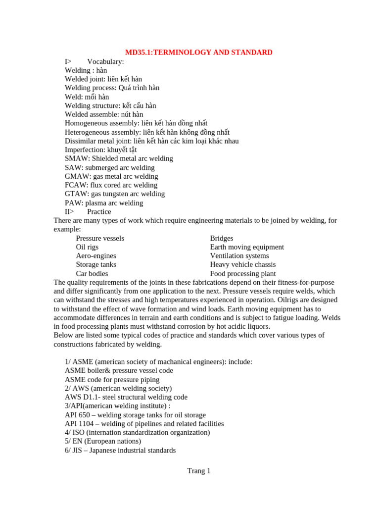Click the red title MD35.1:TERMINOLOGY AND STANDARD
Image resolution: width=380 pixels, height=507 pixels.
coord(198,52)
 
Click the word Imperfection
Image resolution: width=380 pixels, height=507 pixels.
coord(85,150)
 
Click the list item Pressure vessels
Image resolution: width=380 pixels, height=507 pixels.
coord(100,238)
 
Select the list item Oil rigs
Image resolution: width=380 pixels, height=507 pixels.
coord(87,247)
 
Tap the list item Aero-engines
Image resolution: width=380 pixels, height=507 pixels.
coord(96,256)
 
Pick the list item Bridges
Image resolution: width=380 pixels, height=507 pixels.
coord(222,238)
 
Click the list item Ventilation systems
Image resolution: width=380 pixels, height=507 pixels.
coord(239,256)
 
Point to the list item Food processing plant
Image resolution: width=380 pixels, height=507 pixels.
coord(243,273)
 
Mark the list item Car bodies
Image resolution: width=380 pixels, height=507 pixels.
coord(92,273)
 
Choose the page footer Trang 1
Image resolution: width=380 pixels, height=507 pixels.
coord(199,471)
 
